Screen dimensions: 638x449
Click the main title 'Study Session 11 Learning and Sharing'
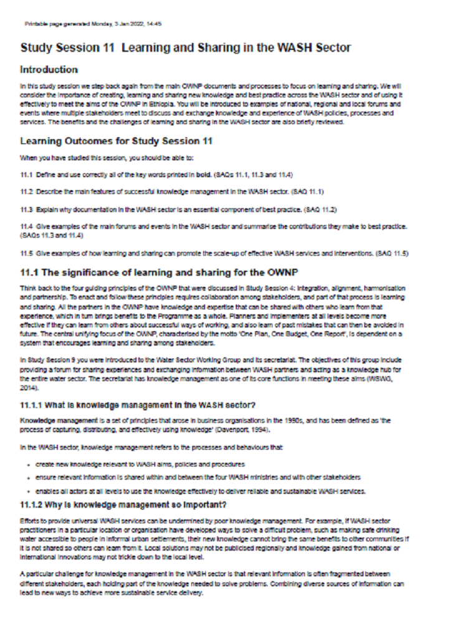pos(185,47)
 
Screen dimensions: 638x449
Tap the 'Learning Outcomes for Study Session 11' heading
pos(117,141)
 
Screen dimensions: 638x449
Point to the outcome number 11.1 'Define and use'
pos(26,175)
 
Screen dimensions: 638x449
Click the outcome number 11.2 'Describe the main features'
pos(26,191)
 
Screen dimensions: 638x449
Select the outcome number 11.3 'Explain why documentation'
pos(26,207)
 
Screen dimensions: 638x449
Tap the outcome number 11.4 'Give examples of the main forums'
pos(26,225)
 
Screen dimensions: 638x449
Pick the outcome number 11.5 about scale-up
pos(26,252)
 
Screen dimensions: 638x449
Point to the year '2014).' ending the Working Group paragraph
pos(29,387)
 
